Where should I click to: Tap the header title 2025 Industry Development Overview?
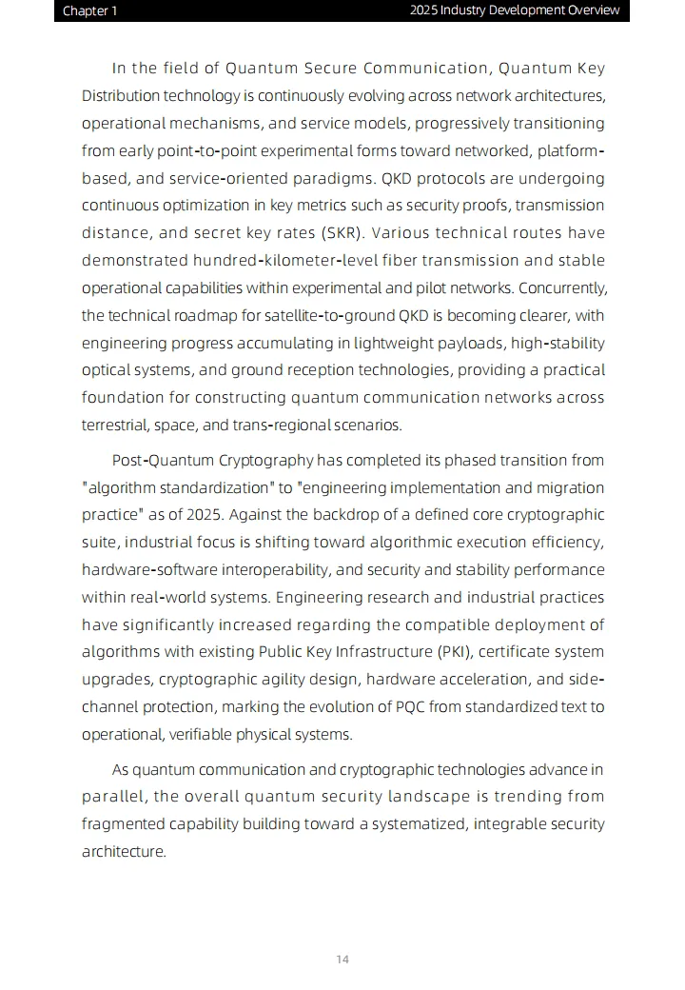[x=515, y=10]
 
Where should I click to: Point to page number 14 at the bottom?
[x=342, y=959]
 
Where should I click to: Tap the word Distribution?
[x=121, y=96]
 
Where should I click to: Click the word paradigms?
[x=338, y=179]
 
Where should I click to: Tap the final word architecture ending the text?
[x=123, y=852]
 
